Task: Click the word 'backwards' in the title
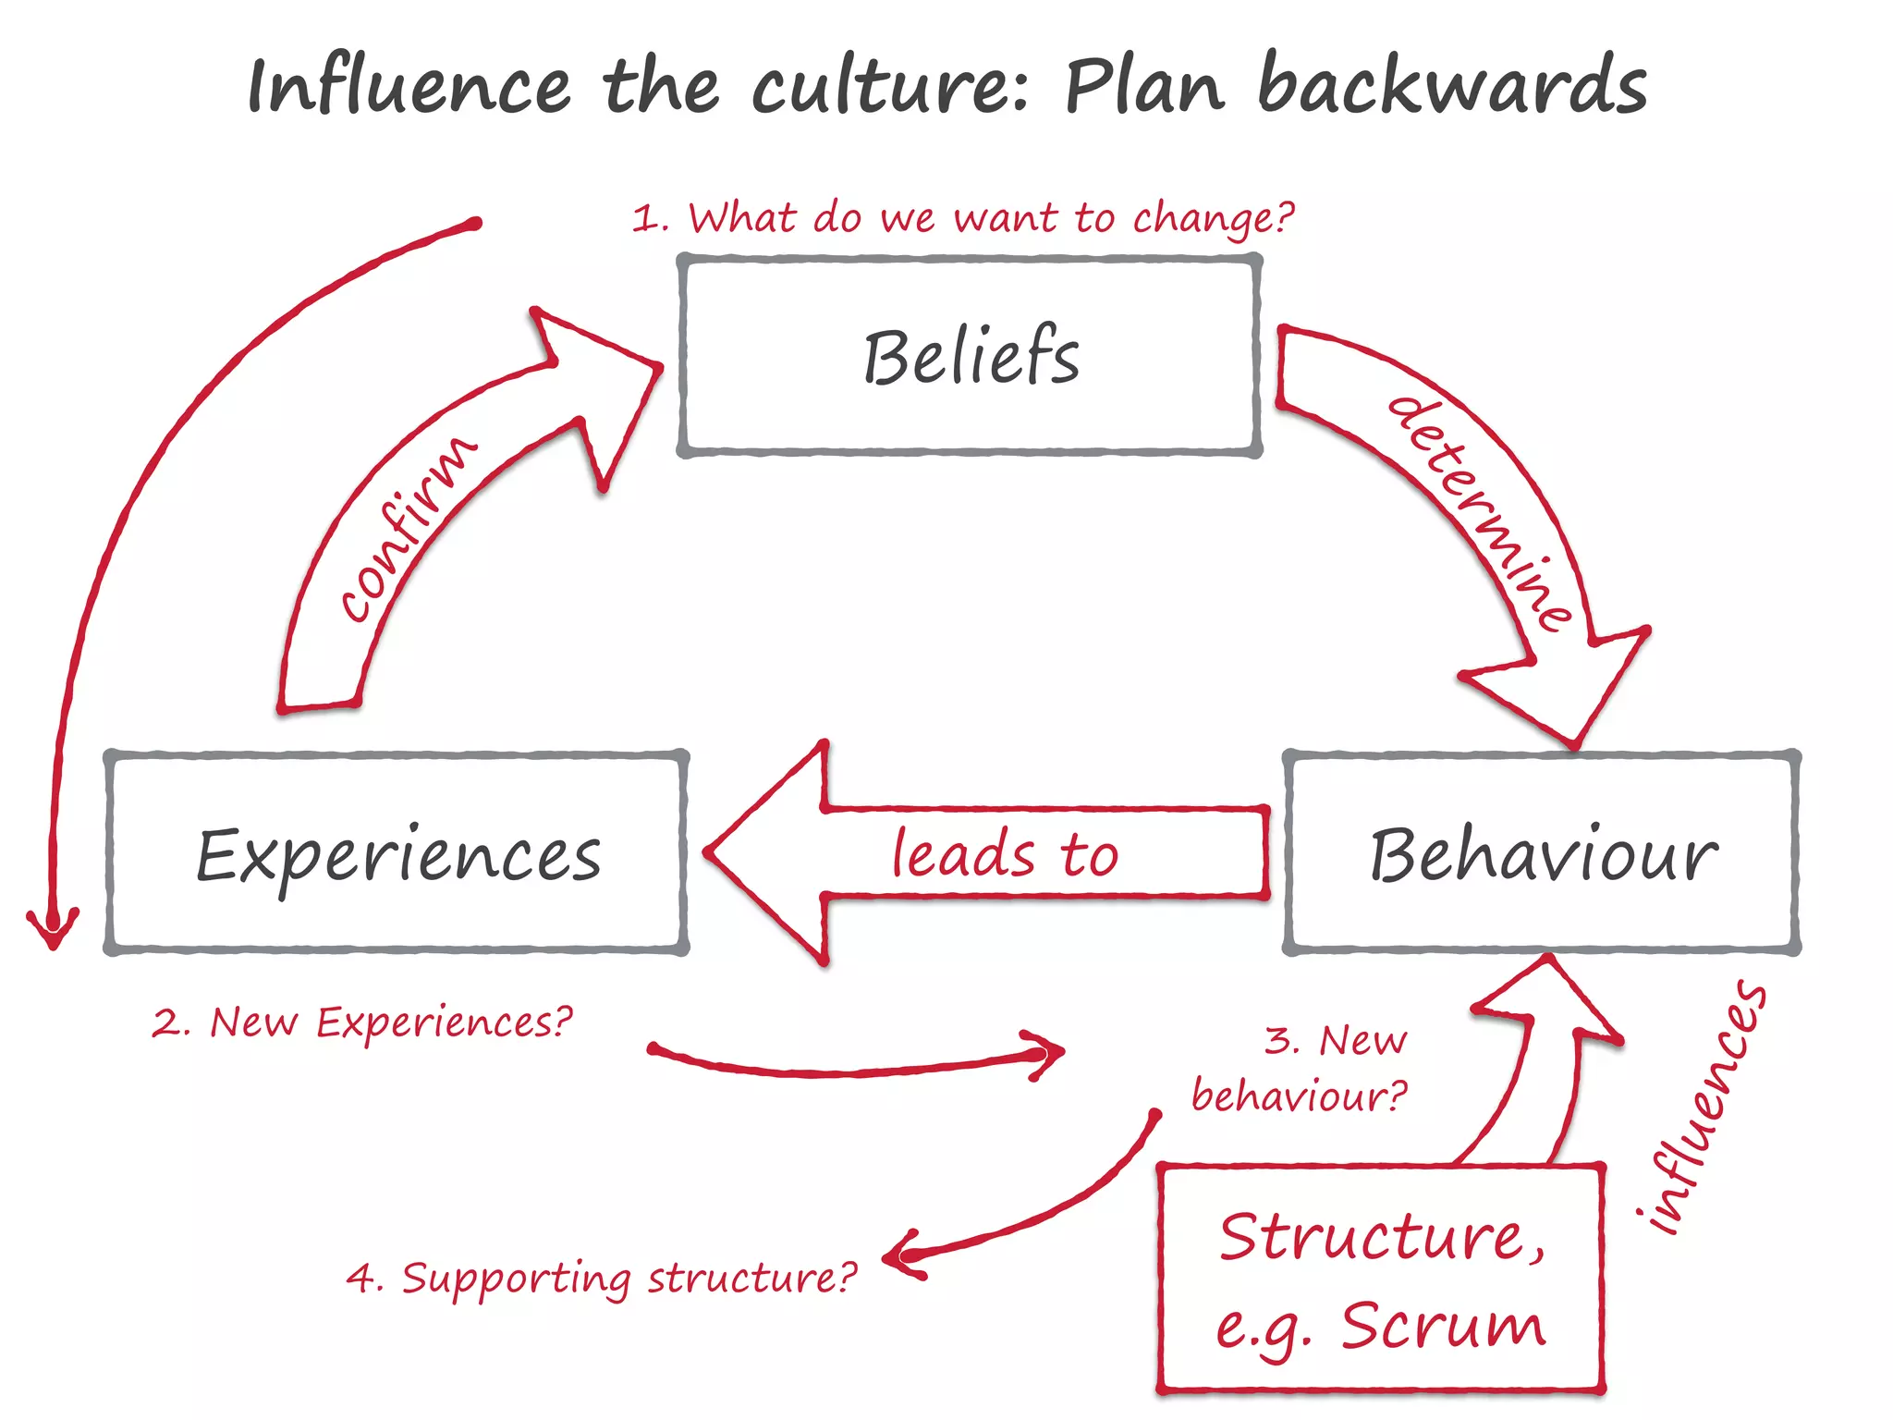[1451, 85]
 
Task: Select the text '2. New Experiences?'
[362, 1022]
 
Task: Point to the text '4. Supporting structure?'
[601, 1279]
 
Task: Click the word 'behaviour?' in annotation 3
[1298, 1096]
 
